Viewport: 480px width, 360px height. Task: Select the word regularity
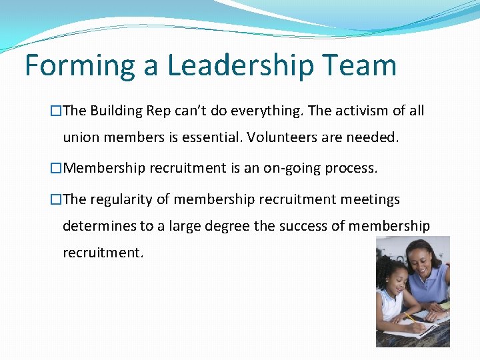(121, 199)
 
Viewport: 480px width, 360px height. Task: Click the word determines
(98, 227)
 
